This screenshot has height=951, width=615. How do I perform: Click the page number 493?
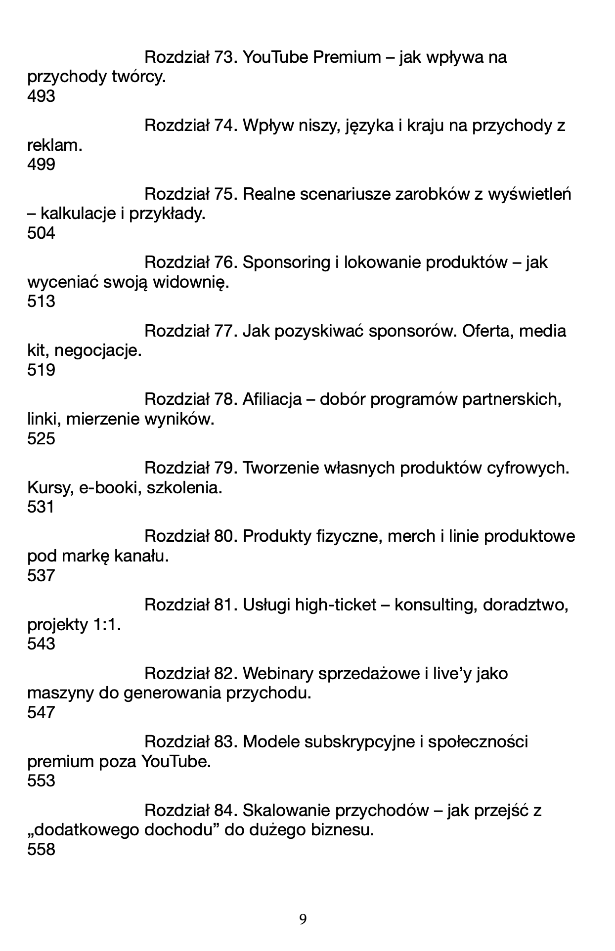(41, 96)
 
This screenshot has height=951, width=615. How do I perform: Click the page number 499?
(41, 165)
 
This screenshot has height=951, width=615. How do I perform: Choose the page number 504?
(41, 233)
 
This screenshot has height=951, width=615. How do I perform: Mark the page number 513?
(41, 302)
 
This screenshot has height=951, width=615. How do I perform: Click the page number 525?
(41, 438)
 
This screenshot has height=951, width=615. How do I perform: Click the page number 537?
(41, 575)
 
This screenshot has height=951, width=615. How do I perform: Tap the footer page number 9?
(303, 919)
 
